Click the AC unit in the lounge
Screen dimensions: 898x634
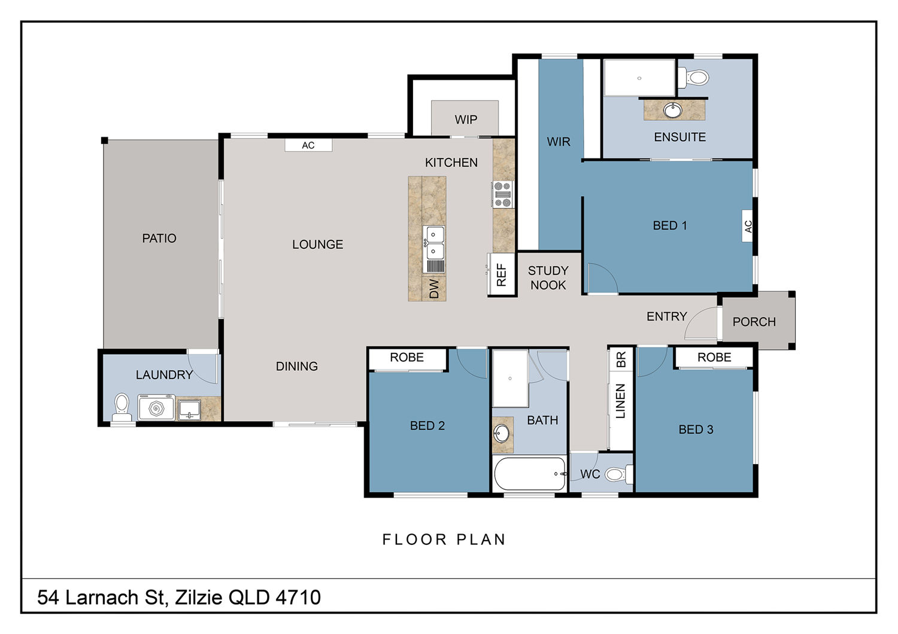(x=308, y=145)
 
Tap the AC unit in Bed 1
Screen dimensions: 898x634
(x=747, y=226)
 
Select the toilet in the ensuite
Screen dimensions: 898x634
(x=693, y=77)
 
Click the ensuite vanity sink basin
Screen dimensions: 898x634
(x=672, y=110)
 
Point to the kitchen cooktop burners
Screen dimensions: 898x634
(x=502, y=194)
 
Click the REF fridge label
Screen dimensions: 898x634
(x=502, y=275)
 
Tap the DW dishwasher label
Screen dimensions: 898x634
(x=434, y=288)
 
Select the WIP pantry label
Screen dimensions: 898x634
(x=466, y=120)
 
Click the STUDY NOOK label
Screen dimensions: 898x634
(x=548, y=278)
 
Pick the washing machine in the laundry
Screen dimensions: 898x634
(x=156, y=408)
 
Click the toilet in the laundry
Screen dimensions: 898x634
(x=122, y=407)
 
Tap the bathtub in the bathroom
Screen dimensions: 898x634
(x=530, y=473)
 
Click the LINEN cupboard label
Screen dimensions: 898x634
(x=620, y=401)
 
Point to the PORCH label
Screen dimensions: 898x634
(x=754, y=322)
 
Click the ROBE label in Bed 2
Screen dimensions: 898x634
(x=407, y=357)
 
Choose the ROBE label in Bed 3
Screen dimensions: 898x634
(x=714, y=357)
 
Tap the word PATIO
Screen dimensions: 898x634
(x=159, y=238)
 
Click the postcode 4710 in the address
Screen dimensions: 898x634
(x=298, y=597)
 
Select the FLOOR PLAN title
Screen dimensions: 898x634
(x=444, y=539)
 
